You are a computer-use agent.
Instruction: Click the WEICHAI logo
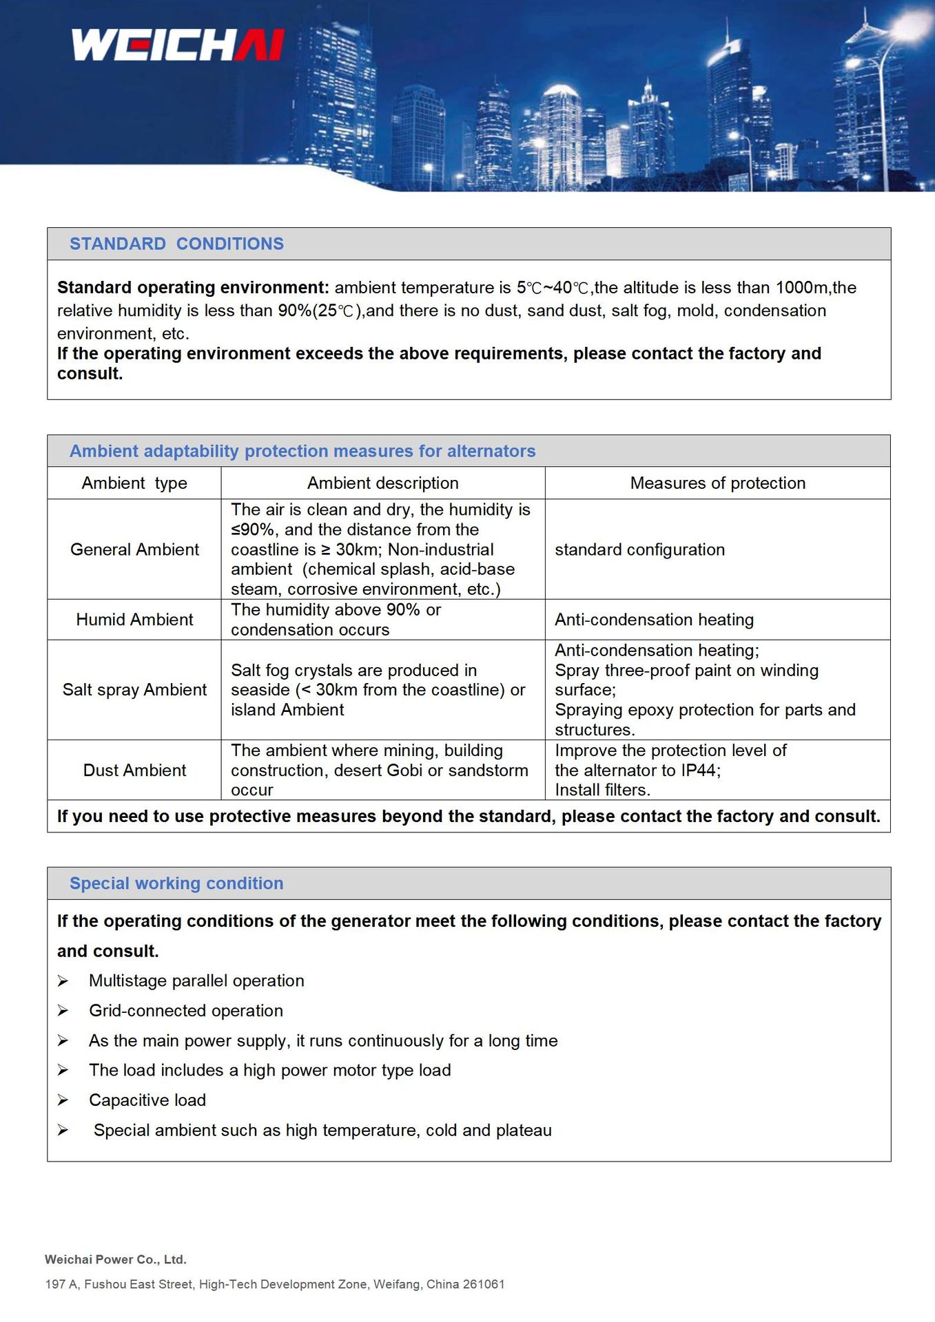tap(178, 45)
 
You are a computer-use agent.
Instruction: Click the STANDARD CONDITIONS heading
tap(176, 244)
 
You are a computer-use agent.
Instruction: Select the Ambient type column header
tap(134, 483)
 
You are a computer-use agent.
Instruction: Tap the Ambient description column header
tap(382, 483)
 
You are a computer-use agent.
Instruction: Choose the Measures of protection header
tap(717, 483)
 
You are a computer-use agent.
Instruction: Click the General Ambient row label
tap(134, 549)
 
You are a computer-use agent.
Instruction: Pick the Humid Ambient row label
tap(134, 620)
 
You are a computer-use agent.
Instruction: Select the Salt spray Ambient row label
tap(134, 690)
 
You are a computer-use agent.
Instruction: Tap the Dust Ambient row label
tap(134, 770)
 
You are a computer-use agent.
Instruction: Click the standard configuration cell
tap(639, 549)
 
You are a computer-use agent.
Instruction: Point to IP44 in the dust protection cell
tap(699, 770)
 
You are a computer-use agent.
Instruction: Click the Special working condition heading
tap(176, 883)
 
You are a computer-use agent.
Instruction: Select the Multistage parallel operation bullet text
tap(196, 981)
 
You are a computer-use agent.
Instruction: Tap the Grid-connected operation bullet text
tap(186, 1011)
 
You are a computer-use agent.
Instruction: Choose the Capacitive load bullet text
tap(147, 1100)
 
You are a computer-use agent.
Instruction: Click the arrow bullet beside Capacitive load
tap(63, 1100)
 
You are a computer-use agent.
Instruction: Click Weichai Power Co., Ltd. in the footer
tap(116, 1259)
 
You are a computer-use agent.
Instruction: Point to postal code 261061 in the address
tap(484, 1284)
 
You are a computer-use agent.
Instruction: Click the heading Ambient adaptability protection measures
tap(302, 451)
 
